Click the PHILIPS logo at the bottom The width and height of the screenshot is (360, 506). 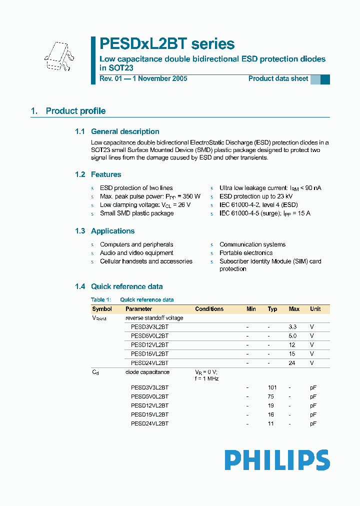point(277,460)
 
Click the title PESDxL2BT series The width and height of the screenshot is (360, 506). point(167,44)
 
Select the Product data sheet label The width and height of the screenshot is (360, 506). point(278,78)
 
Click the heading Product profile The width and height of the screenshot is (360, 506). point(75,111)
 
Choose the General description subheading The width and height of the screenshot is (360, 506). point(125,131)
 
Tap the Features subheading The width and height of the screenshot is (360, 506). point(106,174)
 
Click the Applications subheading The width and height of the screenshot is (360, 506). point(112,231)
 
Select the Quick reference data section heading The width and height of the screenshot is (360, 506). point(126,286)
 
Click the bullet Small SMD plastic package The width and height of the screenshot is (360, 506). point(136,213)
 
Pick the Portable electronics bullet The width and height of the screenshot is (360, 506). point(246,253)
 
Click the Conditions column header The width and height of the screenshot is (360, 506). point(209,309)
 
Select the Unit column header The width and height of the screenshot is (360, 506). point(315,309)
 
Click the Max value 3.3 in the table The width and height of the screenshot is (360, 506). point(292,327)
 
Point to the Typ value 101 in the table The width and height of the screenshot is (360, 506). point(272,387)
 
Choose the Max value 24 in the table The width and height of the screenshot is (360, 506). point(292,363)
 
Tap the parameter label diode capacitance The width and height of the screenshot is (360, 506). point(147,372)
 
